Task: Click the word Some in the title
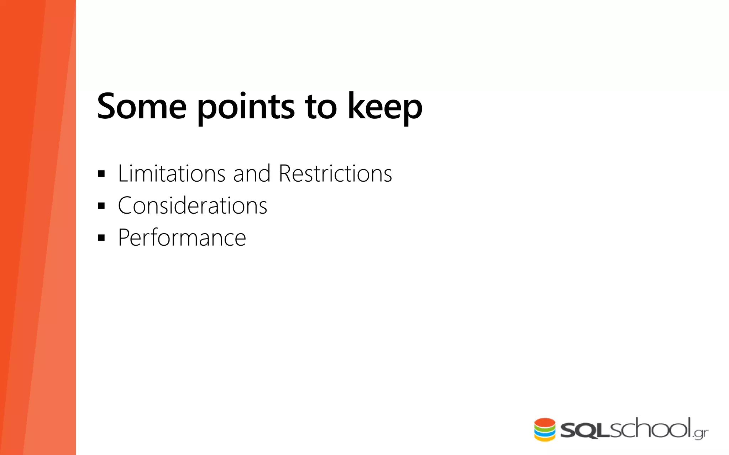tap(142, 106)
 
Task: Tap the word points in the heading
tap(246, 107)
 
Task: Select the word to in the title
tap(320, 106)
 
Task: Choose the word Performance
tap(182, 237)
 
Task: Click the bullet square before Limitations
tap(101, 174)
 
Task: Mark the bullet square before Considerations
tap(101, 206)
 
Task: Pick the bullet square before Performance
tap(101, 238)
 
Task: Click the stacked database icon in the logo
tap(545, 429)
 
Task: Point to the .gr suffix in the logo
tap(701, 433)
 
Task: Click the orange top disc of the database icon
tap(545, 422)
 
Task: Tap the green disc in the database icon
tap(545, 429)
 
